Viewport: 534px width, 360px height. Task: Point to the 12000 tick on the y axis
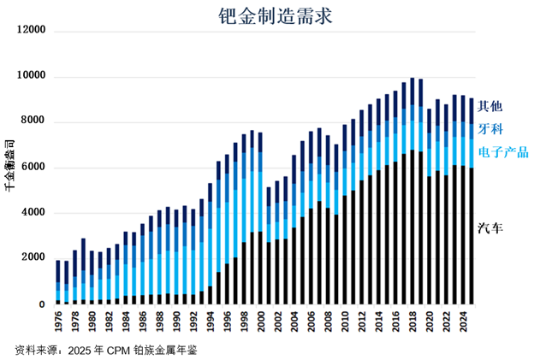[x=30, y=32]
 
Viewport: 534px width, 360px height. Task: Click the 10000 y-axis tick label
[x=30, y=77]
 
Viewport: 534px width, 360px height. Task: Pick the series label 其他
[x=489, y=106]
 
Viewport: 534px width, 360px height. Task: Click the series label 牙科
[x=489, y=129]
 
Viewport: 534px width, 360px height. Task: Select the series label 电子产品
[x=503, y=152]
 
